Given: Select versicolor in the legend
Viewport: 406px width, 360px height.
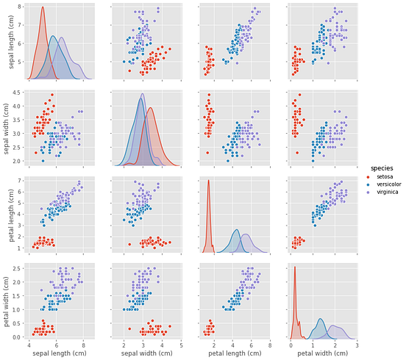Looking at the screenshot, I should pyautogui.click(x=388, y=184).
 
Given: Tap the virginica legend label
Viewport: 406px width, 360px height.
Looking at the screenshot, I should pyautogui.click(x=386, y=192).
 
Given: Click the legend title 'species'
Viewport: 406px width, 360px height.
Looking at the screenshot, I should pyautogui.click(x=381, y=168).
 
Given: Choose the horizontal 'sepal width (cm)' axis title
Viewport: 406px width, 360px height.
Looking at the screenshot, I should pyautogui.click(x=146, y=353).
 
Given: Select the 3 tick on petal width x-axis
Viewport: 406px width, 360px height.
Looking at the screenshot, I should pyautogui.click(x=357, y=345).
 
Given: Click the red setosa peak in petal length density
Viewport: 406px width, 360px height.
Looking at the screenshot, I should pyautogui.click(x=209, y=180).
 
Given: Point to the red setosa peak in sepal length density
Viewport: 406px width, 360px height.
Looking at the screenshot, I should pyautogui.click(x=43, y=8).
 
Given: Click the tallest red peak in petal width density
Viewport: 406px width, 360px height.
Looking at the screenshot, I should pyautogui.click(x=295, y=267).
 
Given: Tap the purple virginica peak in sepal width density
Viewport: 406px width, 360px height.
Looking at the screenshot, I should pyautogui.click(x=143, y=94).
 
